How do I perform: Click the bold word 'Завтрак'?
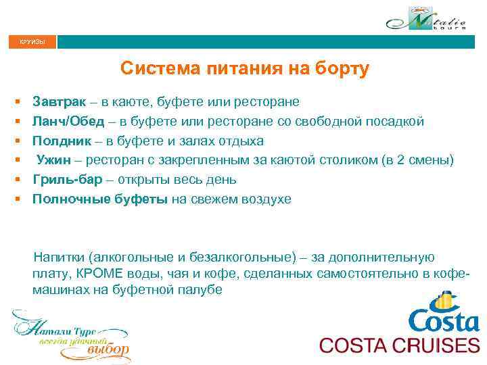point(59,102)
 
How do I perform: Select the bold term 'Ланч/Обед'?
point(68,122)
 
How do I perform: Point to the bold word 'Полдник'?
point(62,141)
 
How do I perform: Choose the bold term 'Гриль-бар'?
point(66,180)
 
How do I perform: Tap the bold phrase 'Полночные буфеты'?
point(101,199)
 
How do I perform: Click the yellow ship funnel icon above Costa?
point(444,300)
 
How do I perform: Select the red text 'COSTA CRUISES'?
point(399,345)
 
